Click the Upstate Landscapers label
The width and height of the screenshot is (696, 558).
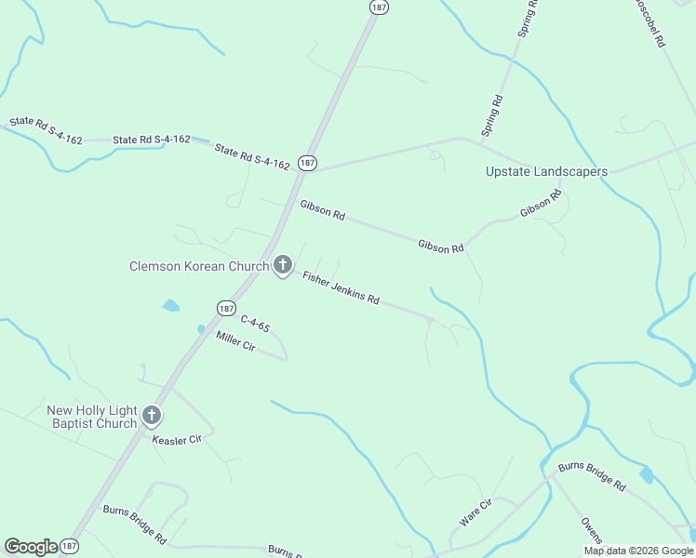click(x=546, y=171)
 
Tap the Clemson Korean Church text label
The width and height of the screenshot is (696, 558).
click(x=198, y=267)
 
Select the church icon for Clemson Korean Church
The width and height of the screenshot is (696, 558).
click(x=283, y=266)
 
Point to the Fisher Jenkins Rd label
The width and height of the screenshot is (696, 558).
click(x=341, y=287)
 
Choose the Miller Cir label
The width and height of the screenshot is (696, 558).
click(x=235, y=341)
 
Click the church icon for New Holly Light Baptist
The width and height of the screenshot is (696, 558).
click(x=152, y=417)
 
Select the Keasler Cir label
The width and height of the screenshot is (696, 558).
click(x=177, y=439)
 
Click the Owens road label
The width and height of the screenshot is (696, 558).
click(x=592, y=531)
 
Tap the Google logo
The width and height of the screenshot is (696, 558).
click(x=31, y=547)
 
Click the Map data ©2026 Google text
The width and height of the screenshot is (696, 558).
click(x=638, y=551)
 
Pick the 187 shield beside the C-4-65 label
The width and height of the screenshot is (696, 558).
click(x=226, y=307)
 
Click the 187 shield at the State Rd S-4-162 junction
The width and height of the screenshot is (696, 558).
click(x=308, y=162)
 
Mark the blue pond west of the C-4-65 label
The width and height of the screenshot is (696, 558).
click(x=170, y=305)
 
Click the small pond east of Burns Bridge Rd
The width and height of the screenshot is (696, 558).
click(x=646, y=475)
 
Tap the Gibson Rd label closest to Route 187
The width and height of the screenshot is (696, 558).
click(x=322, y=210)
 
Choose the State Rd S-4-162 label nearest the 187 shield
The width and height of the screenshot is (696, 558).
click(x=251, y=156)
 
